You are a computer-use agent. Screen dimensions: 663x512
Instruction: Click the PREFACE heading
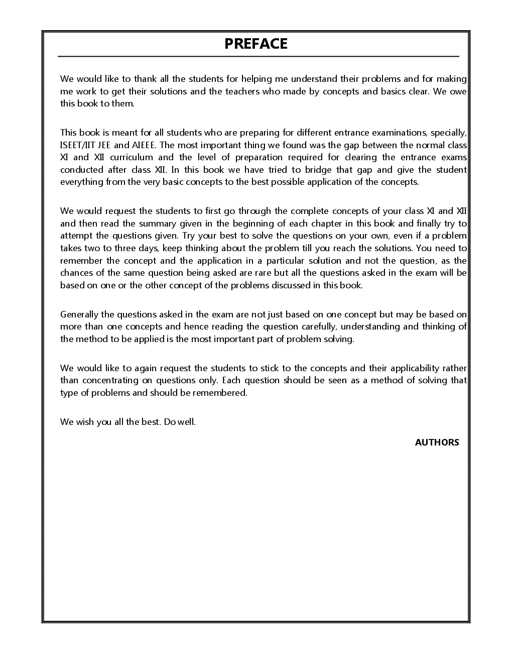click(255, 44)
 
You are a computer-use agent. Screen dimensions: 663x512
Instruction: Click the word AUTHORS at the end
click(437, 443)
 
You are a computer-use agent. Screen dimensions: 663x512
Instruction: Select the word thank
click(146, 79)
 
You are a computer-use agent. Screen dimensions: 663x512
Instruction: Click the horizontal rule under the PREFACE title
click(258, 56)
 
